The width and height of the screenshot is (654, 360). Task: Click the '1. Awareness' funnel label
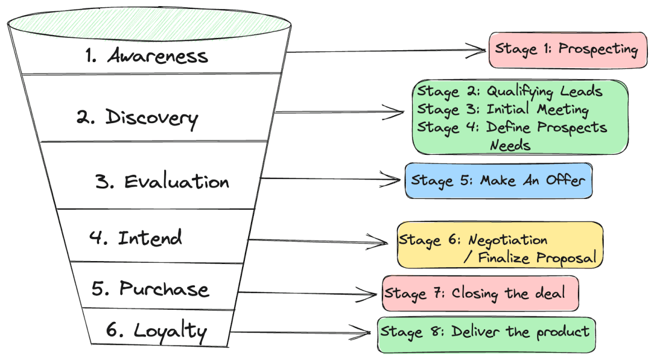pos(146,56)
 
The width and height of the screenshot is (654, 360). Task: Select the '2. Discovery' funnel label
pos(137,118)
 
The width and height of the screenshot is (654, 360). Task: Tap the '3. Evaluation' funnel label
pos(162,182)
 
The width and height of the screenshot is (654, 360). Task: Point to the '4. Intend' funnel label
pos(136,238)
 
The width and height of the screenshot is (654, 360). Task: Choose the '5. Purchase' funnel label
pos(150,289)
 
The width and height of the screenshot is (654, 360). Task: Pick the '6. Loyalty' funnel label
pos(156,331)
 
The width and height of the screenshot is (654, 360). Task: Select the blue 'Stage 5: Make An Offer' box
pos(498,181)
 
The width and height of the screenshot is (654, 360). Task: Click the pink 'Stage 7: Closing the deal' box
pos(480,293)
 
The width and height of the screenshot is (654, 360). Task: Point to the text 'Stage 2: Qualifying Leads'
pos(509,91)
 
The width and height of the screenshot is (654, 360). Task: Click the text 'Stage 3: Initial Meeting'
pos(503,109)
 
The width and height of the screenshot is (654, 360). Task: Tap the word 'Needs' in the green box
pos(510,145)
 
